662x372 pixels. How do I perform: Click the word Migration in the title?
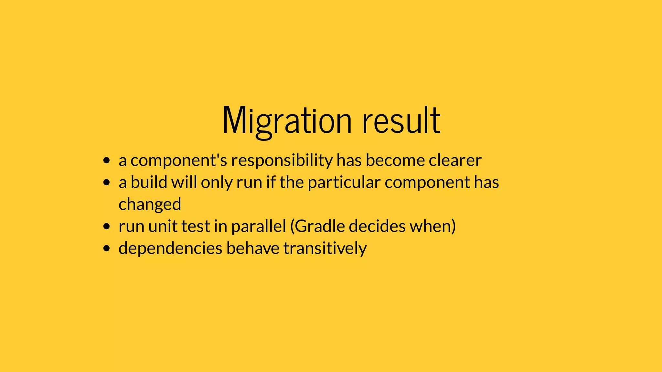point(287,121)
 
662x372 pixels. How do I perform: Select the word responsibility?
point(282,161)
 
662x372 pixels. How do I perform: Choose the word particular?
point(344,183)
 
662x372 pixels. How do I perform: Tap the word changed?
point(150,205)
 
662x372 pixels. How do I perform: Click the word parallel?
point(259,226)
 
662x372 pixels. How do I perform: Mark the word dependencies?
point(170,249)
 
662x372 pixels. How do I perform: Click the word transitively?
point(325,249)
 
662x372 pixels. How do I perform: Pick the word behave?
point(253,248)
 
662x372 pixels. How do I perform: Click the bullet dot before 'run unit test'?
point(107,226)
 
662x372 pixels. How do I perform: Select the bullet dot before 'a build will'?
point(107,183)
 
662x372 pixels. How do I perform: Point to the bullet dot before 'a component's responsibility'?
point(107,160)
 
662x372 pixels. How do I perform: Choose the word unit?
point(163,226)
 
